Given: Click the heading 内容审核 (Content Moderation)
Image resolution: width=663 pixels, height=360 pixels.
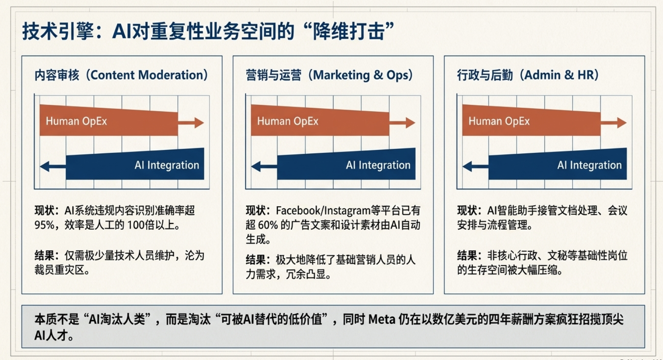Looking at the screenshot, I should click(121, 75).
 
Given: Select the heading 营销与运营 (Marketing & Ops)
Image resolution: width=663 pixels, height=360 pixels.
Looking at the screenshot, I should click(329, 75).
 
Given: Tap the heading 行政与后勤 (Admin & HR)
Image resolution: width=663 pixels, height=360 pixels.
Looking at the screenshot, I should click(528, 75).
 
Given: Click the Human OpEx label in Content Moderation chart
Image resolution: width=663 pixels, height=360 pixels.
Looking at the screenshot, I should click(76, 121).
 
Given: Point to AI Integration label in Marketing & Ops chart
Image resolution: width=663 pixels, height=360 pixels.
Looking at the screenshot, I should click(378, 165).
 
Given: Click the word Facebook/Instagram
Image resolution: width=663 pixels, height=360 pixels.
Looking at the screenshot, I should click(323, 211).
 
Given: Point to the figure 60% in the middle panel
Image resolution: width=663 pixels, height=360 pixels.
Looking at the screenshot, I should click(268, 225).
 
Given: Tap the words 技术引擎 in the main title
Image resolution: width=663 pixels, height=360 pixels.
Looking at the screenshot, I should click(58, 31).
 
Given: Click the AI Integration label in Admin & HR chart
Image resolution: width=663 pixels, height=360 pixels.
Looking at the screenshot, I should click(589, 165).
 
